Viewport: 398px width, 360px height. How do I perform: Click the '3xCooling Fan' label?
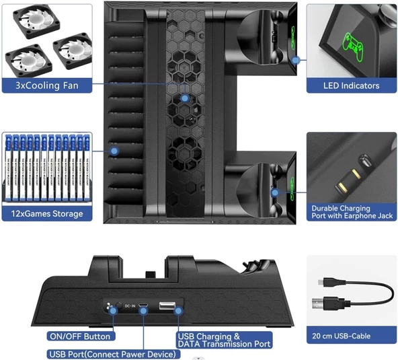tap(46, 85)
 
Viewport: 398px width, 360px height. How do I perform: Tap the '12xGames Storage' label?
tap(46, 213)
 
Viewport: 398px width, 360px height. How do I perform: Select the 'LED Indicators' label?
tap(351, 85)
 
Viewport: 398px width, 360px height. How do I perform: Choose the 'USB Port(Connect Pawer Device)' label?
tap(109, 354)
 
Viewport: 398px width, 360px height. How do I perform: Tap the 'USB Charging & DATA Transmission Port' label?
tap(224, 340)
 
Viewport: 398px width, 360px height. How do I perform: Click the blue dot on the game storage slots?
tap(114, 151)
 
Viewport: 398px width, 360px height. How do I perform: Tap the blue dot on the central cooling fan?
tap(186, 99)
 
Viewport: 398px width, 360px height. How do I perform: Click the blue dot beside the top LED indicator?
tap(296, 61)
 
